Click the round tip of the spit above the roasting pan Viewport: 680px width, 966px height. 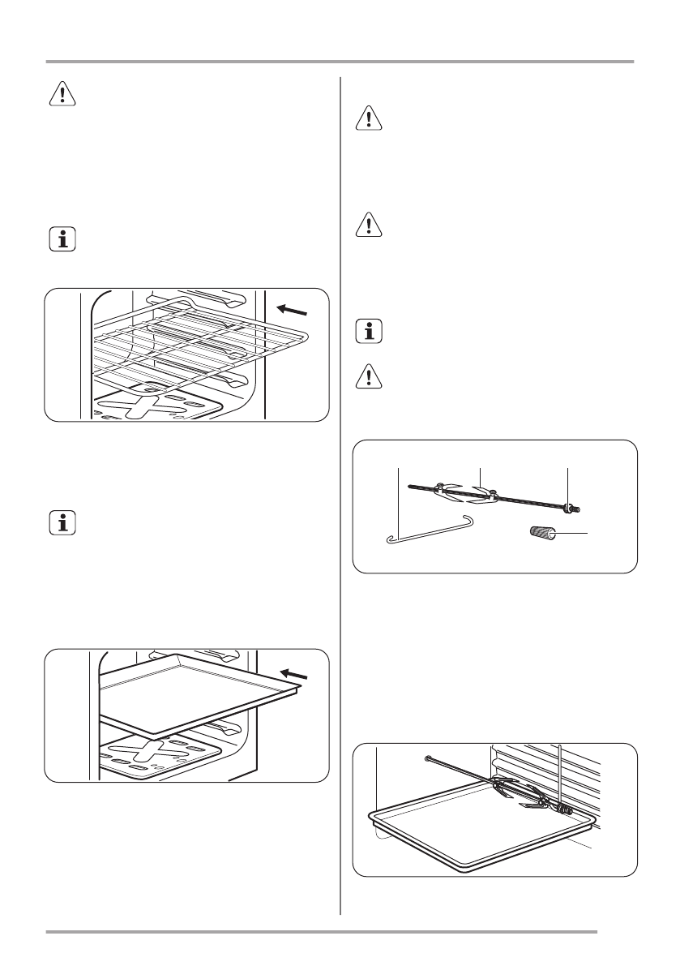coord(427,759)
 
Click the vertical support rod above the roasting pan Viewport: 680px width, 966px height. coord(559,771)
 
